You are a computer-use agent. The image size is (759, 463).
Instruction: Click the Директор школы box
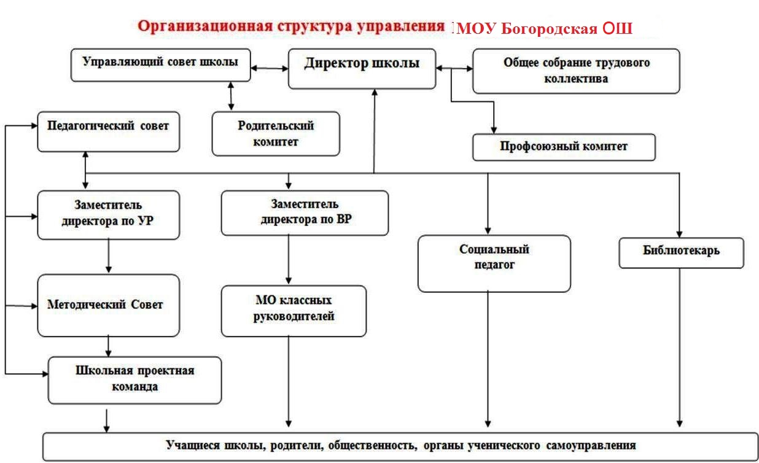pos(362,69)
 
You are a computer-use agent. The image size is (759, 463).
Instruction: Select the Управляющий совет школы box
pos(161,65)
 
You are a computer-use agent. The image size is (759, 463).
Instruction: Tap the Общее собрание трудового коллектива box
pos(576,71)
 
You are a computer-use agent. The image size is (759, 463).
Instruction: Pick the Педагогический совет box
pos(109,131)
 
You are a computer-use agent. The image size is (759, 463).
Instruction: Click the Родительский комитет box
pos(276,133)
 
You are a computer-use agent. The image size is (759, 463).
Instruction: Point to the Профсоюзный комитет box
pos(564,147)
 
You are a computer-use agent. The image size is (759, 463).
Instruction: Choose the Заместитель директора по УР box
pos(109,215)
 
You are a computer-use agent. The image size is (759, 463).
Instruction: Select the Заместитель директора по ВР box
pos(305,213)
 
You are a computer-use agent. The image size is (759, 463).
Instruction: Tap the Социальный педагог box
pos(494,263)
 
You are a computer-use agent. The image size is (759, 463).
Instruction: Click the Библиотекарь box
pos(682,253)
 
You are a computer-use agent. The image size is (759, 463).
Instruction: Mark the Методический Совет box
pos(109,305)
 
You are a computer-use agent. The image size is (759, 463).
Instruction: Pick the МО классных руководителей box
pos(294,311)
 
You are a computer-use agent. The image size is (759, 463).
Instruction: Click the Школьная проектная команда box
pos(135,380)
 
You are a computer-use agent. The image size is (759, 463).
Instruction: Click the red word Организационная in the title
pos(205,26)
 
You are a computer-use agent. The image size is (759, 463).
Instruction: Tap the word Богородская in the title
pos(549,28)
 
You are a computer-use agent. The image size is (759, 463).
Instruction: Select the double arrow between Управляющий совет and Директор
pos(270,68)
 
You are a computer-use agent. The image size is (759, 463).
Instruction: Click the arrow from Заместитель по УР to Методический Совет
pos(109,256)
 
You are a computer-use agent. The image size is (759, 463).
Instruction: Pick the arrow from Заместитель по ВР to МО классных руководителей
pos(289,260)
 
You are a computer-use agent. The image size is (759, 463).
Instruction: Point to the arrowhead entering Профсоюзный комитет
pos(494,130)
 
